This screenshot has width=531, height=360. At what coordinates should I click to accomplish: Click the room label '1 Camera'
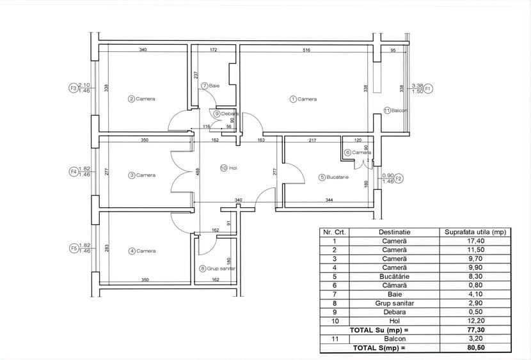303,99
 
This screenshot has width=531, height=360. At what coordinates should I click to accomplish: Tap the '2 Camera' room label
141,99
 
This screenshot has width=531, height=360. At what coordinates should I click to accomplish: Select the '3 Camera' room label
141,175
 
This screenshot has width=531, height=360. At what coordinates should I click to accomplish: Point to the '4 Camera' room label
141,251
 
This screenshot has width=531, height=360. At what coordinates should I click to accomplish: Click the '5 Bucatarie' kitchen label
334,177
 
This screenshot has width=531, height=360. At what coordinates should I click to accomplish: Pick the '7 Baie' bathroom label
210,85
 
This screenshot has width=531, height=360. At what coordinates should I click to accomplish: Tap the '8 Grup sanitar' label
218,269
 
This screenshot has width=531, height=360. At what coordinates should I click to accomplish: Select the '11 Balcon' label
396,111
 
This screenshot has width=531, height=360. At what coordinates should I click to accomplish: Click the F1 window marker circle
429,88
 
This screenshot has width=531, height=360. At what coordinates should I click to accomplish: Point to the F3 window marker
73,88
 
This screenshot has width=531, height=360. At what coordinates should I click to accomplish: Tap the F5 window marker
73,248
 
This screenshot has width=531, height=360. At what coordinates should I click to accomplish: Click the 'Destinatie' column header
395,231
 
